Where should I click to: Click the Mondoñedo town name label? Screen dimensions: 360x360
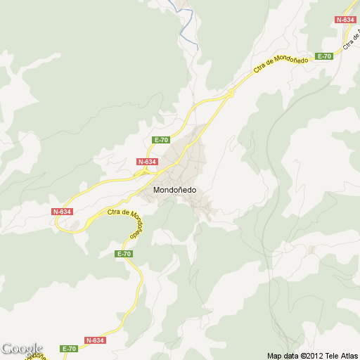pyautogui.click(x=174, y=189)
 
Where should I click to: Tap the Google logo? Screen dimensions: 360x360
pyautogui.click(x=21, y=349)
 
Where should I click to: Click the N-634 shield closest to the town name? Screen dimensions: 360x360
pyautogui.click(x=146, y=162)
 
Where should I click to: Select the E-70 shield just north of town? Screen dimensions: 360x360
pyautogui.click(x=161, y=140)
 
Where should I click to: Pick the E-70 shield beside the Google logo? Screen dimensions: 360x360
pyautogui.click(x=68, y=349)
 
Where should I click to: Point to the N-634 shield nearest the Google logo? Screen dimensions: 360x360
pyautogui.click(x=95, y=340)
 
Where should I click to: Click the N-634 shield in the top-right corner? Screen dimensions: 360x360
pyautogui.click(x=345, y=20)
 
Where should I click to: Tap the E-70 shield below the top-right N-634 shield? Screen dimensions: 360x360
pyautogui.click(x=324, y=56)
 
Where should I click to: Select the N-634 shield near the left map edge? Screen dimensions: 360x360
pyautogui.click(x=62, y=212)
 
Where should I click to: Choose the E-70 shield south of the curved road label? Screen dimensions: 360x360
pyautogui.click(x=124, y=253)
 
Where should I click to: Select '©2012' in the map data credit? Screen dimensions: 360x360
pyautogui.click(x=311, y=356)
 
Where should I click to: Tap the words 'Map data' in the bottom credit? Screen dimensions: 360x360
pyautogui.click(x=283, y=356)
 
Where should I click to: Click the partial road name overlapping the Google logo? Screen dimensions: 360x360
pyautogui.click(x=35, y=356)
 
